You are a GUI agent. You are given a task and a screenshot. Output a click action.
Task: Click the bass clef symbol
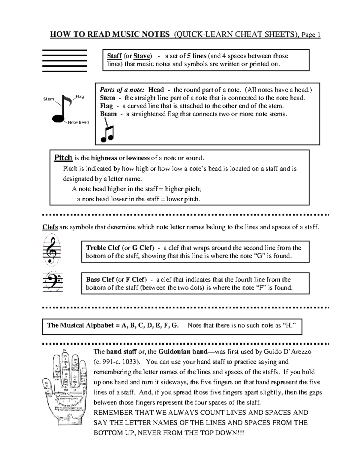pyautogui.click(x=53, y=283)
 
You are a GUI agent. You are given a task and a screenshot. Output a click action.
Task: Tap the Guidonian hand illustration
pyautogui.click(x=65, y=387)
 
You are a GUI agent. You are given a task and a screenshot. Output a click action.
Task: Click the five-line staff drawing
pyautogui.click(x=64, y=61)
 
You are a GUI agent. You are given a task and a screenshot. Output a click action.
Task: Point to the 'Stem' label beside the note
pyautogui.click(x=49, y=99)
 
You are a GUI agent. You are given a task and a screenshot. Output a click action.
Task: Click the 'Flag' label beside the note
pyautogui.click(x=79, y=97)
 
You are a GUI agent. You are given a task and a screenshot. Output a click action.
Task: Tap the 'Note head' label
pyautogui.click(x=78, y=122)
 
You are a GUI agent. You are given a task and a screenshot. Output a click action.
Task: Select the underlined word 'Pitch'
pyautogui.click(x=63, y=158)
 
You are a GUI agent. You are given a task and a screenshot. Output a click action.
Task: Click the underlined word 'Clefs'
pyautogui.click(x=50, y=227)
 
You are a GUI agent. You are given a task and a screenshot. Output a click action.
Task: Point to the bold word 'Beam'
pyautogui.click(x=108, y=114)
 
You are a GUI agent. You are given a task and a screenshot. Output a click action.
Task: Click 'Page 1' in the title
pyautogui.click(x=311, y=35)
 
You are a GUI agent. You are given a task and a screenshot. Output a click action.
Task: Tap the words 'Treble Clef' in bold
pyautogui.click(x=103, y=248)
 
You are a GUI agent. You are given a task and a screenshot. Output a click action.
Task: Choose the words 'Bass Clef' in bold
pyautogui.click(x=100, y=280)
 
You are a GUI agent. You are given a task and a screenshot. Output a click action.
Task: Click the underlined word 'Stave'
pyautogui.click(x=142, y=56)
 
